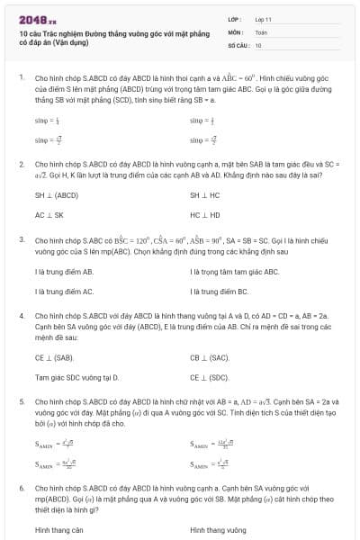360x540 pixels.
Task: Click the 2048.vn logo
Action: click(37, 17)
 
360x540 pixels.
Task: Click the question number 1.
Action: click(21, 77)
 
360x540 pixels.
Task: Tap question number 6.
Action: click(21, 487)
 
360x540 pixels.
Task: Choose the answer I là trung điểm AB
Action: click(64, 271)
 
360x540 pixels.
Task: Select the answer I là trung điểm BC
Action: click(219, 292)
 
